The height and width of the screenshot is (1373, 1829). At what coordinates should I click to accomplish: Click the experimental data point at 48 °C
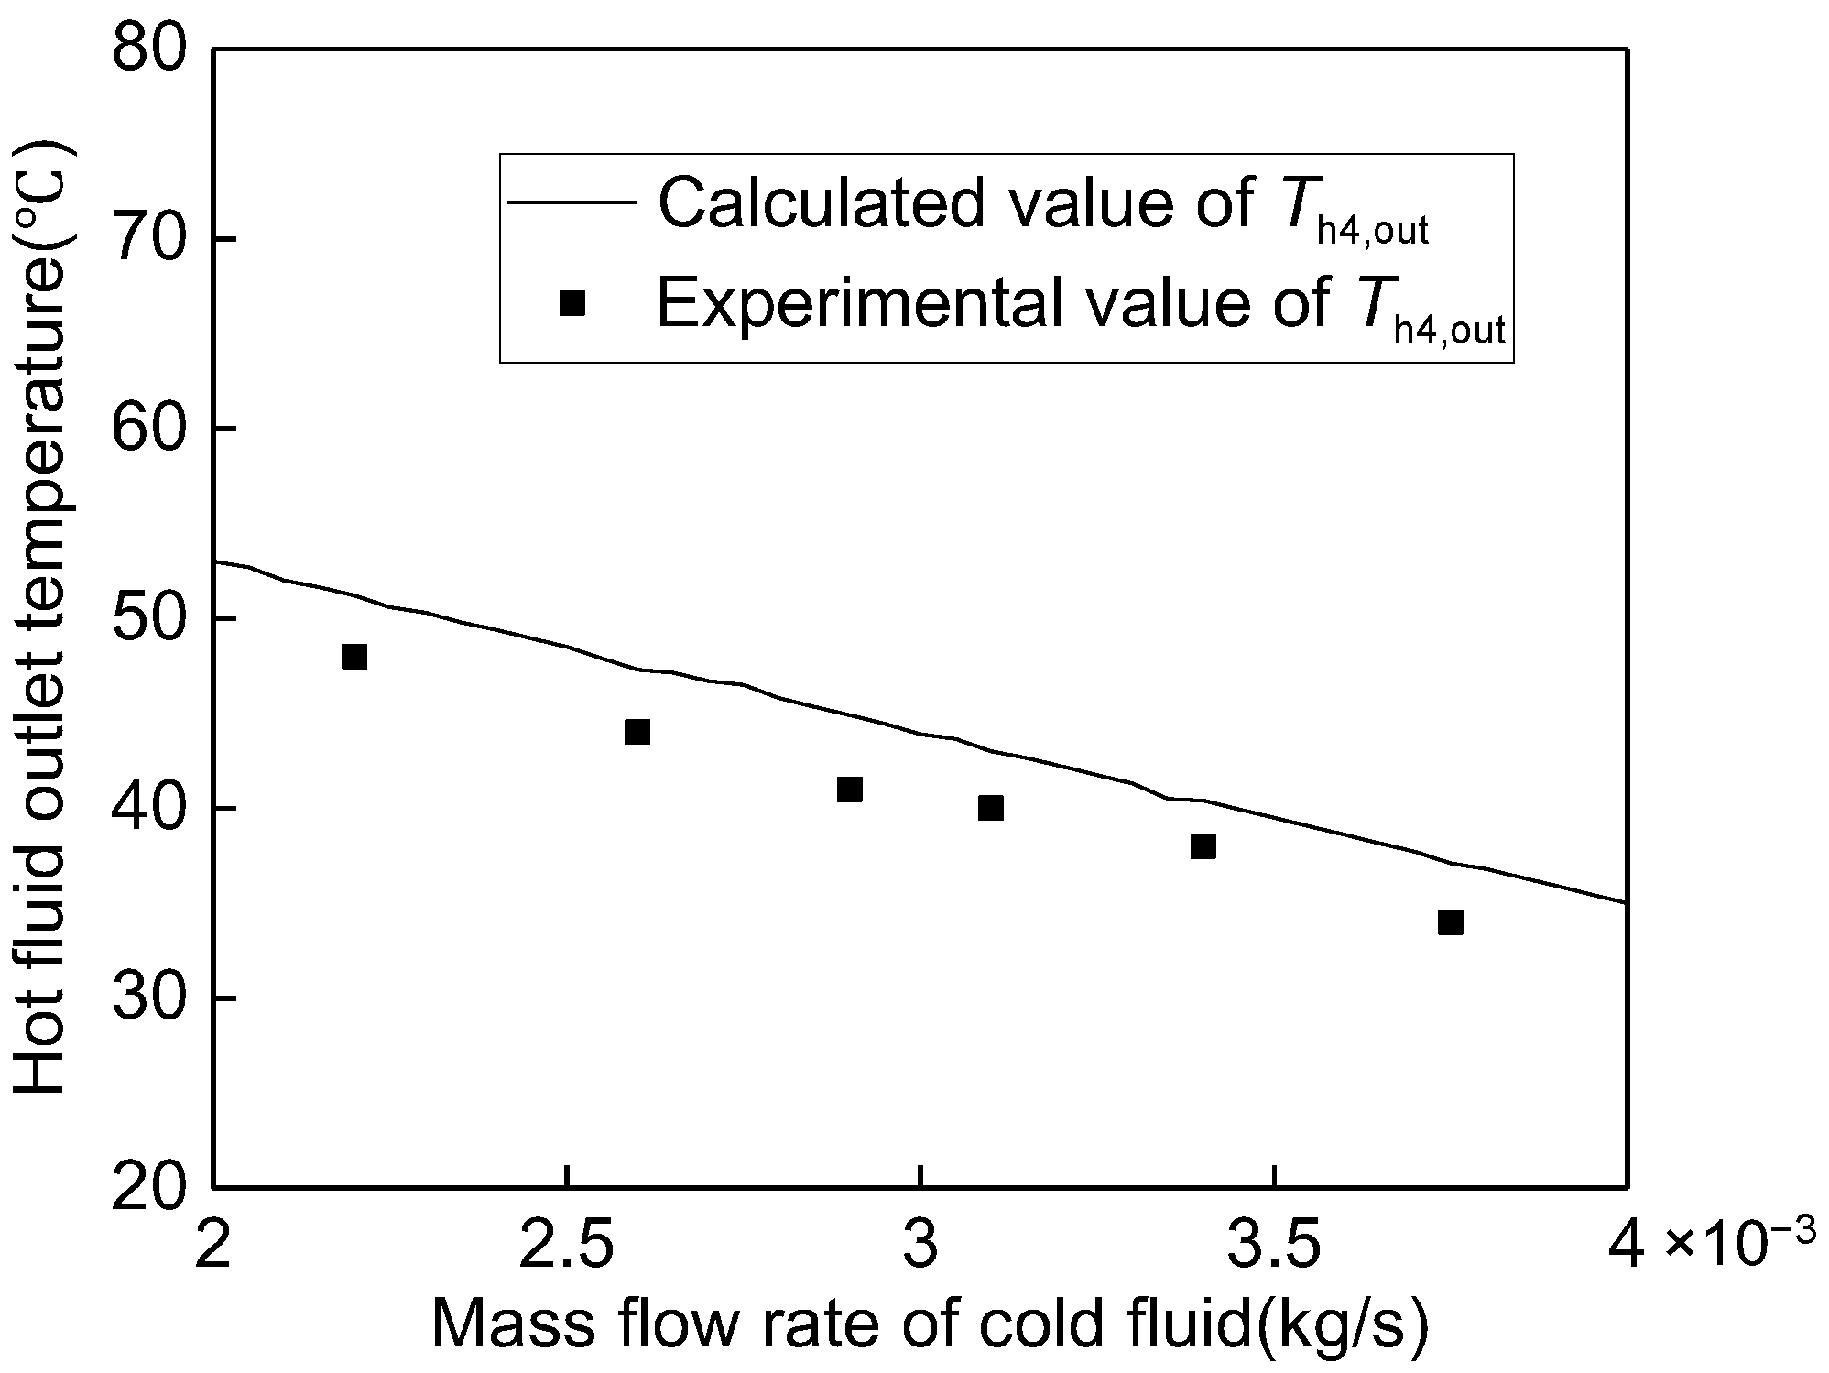coord(354,657)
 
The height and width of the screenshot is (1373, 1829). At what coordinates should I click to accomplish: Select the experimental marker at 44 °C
coord(637,732)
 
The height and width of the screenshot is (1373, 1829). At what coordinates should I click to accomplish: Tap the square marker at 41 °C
coord(849,790)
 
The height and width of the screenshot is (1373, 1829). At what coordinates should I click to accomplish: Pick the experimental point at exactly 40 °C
coord(990,808)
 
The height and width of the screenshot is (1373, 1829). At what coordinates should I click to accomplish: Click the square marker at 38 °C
coord(1203,846)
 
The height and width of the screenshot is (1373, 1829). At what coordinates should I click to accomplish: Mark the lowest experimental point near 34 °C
coord(1450,922)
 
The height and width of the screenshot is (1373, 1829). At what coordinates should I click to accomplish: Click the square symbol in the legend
coord(572,303)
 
